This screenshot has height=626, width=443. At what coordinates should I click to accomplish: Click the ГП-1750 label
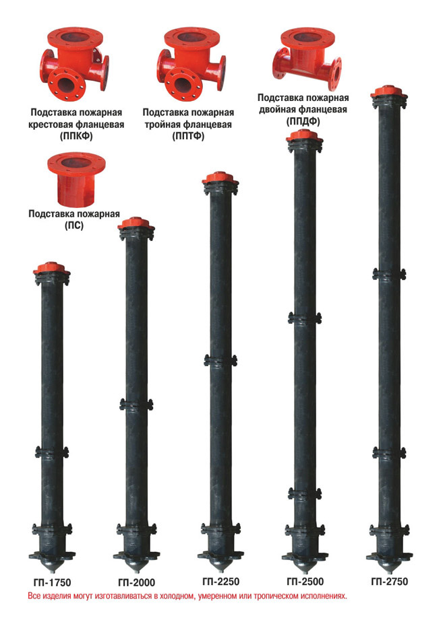[52, 582]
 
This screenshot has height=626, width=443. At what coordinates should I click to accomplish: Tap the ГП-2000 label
[137, 583]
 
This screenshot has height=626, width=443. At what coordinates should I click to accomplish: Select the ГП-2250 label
[220, 582]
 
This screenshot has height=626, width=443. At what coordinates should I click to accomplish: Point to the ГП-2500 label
[305, 582]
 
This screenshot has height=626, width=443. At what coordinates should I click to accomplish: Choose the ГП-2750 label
[390, 582]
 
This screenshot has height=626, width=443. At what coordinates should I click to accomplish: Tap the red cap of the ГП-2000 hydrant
[136, 223]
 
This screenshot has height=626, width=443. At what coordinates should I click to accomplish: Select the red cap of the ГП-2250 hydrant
[220, 178]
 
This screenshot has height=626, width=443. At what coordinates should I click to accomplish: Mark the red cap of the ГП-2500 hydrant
[305, 136]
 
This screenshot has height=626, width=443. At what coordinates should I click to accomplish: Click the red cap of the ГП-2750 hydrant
[388, 92]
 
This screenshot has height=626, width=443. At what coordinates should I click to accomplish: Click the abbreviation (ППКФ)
[76, 136]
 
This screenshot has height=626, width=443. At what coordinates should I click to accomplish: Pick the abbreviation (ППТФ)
[188, 136]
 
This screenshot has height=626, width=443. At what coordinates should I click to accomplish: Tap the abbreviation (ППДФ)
[303, 121]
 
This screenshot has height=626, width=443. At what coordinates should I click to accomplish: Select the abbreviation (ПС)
[74, 225]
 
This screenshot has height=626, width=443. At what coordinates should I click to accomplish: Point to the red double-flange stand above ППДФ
[307, 59]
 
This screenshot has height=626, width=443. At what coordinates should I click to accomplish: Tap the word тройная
[163, 125]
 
